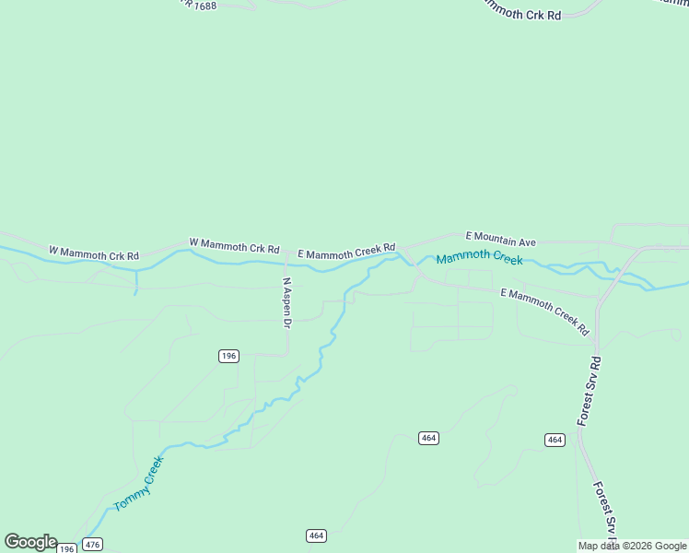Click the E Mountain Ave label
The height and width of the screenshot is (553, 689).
(500, 239)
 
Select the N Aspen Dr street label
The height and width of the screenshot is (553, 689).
(286, 303)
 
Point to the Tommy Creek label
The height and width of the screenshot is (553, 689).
(138, 483)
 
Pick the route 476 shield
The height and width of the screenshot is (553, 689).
(92, 545)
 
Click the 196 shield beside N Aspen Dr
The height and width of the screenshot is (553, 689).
(229, 356)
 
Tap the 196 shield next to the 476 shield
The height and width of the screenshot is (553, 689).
(66, 548)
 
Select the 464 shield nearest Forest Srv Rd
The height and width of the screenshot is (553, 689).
(554, 440)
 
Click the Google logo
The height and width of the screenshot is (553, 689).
(30, 542)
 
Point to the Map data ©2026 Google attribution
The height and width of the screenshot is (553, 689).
(632, 546)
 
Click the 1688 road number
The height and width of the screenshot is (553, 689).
(204, 5)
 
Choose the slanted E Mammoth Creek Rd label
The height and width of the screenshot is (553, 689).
(544, 310)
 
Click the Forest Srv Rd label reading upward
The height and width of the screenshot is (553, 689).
(590, 391)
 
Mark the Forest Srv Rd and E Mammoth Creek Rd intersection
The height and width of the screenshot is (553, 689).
(598, 299)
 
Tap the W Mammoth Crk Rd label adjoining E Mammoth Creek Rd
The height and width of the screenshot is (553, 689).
(234, 245)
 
